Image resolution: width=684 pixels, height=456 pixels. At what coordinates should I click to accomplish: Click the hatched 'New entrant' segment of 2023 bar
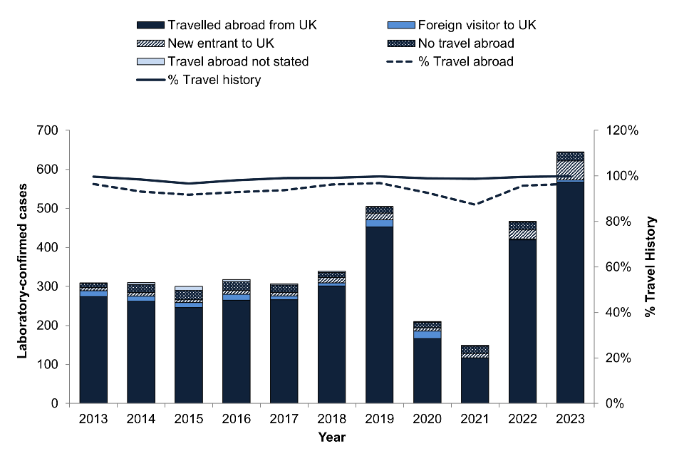570,171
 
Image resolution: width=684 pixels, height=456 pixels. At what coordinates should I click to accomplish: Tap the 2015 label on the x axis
188,418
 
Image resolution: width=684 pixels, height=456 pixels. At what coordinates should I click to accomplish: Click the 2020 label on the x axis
427,418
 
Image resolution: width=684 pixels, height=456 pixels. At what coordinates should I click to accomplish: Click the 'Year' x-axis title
332,437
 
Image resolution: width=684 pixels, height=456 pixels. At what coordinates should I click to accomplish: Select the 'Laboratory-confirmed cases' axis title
22,267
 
